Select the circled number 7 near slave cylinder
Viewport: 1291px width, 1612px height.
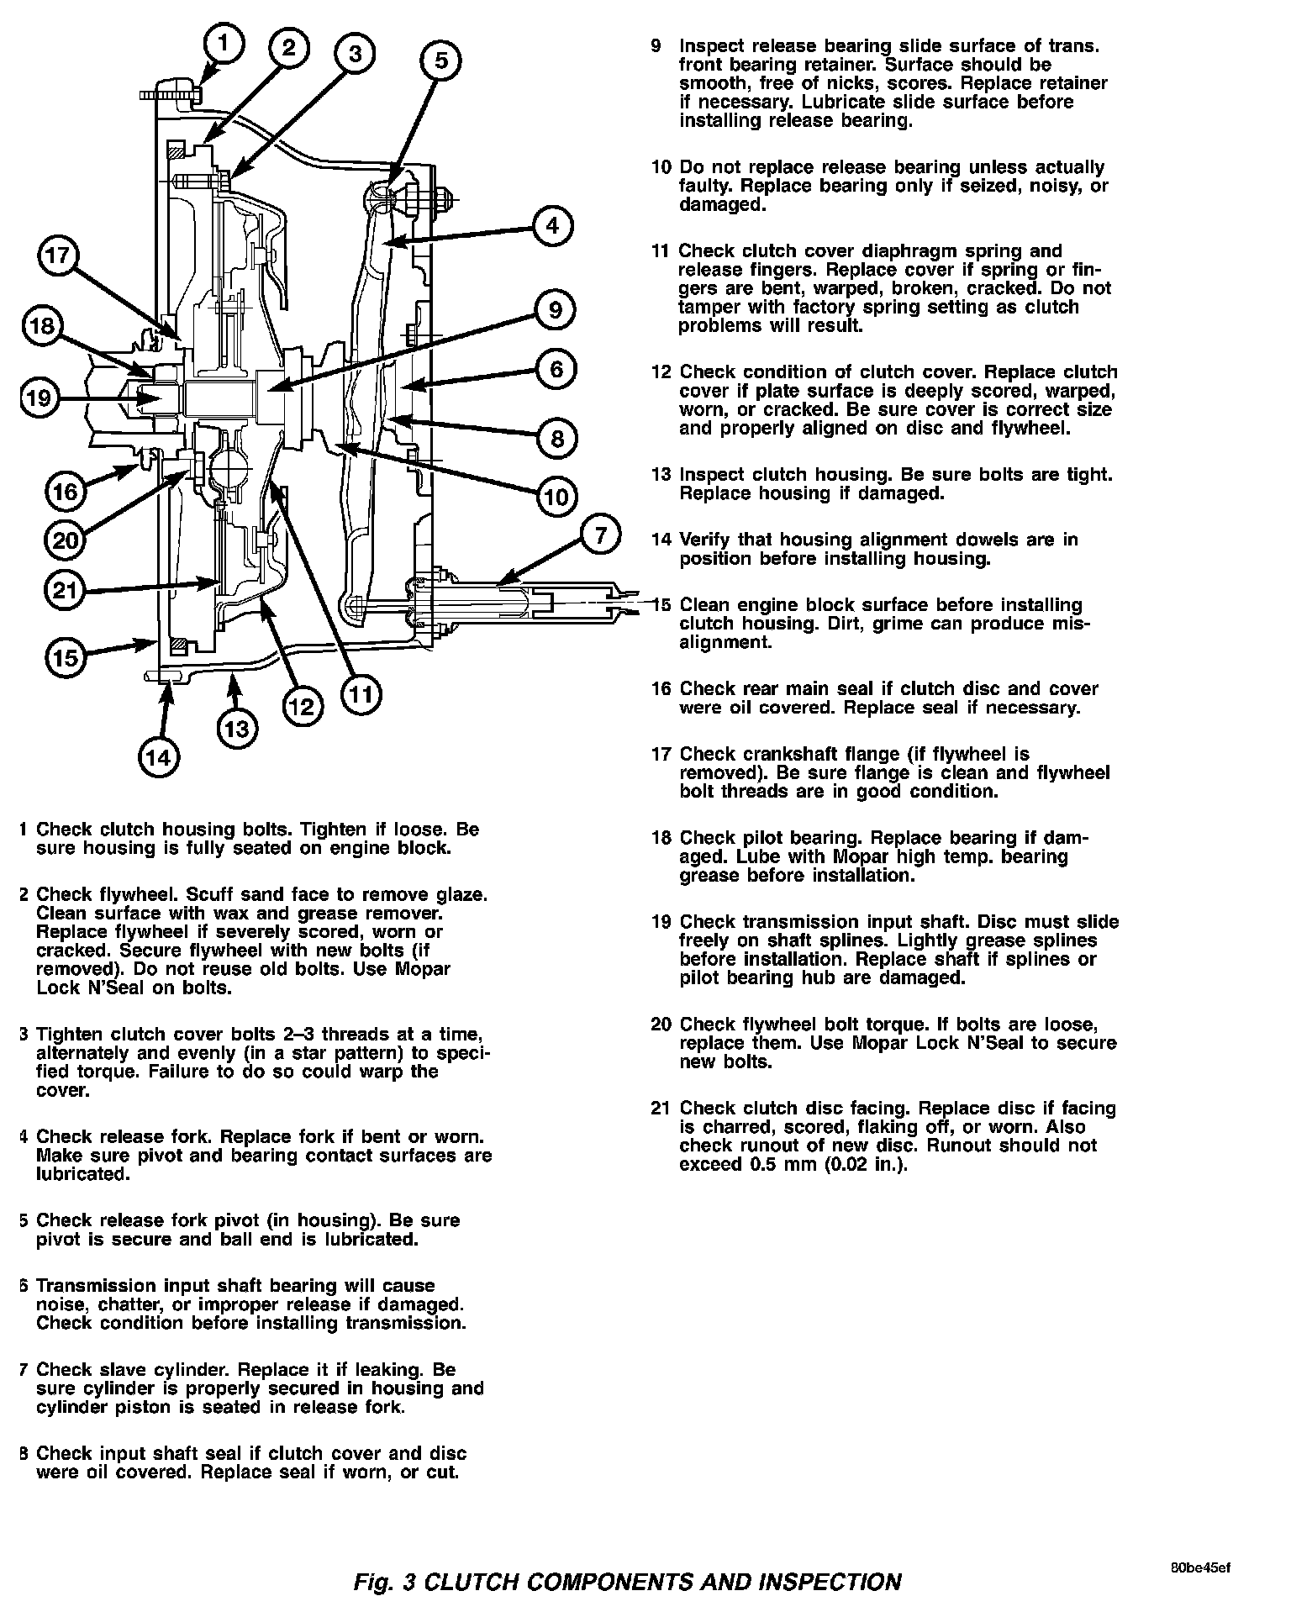click(x=600, y=535)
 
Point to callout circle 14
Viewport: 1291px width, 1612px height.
click(x=158, y=757)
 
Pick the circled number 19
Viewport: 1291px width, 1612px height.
click(x=39, y=398)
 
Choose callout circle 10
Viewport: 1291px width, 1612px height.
click(x=556, y=497)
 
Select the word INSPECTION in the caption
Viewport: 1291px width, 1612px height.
click(x=830, y=1581)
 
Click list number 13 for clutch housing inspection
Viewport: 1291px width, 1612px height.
click(x=661, y=475)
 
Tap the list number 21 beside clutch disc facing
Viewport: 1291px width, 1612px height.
click(x=661, y=1109)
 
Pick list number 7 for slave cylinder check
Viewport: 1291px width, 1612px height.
click(x=24, y=1370)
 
